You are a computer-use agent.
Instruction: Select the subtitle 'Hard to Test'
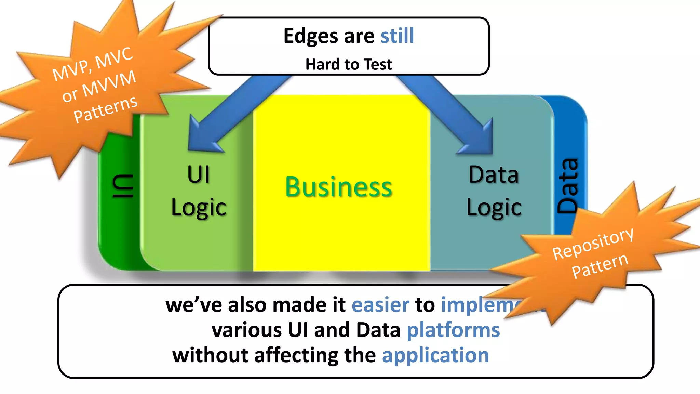[x=349, y=64]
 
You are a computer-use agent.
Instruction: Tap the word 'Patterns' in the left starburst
[x=105, y=109]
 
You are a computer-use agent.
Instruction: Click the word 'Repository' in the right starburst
[x=593, y=243]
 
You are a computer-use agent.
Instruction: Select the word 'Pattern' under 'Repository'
[x=600, y=266]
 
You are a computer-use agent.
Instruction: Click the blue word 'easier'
[x=380, y=305]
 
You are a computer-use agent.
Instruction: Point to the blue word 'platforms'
[x=453, y=330]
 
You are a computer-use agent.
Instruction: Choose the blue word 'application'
[x=435, y=355]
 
